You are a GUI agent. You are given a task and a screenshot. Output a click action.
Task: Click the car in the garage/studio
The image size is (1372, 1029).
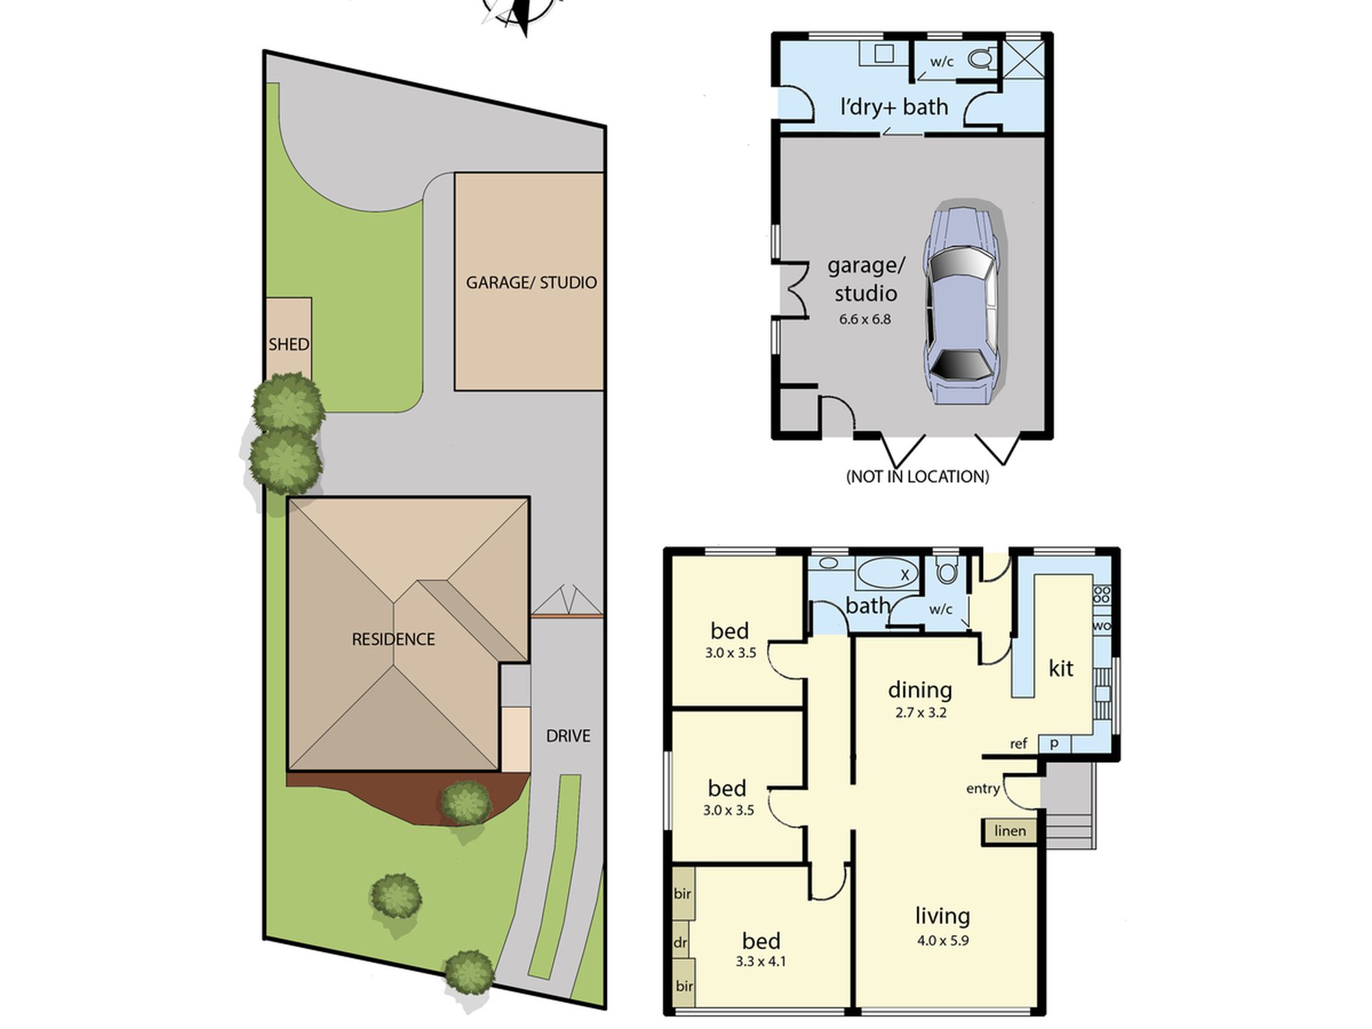tap(960, 305)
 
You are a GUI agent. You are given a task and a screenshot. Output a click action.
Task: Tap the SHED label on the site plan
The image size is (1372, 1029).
tap(289, 344)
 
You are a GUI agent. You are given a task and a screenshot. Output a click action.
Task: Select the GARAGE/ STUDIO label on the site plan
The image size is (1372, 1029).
tap(531, 283)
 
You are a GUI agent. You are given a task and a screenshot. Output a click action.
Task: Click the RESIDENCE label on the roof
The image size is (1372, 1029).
tap(393, 639)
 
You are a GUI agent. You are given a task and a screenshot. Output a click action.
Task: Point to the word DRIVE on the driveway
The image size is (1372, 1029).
tap(568, 736)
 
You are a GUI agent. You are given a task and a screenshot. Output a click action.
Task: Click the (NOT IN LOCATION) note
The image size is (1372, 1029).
tap(918, 477)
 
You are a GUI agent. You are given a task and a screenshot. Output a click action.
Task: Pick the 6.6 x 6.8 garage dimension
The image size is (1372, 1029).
tap(864, 319)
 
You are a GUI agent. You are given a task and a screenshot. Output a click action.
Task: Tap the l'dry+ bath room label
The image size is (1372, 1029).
tap(894, 107)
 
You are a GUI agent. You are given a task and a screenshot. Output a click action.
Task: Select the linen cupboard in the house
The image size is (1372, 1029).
tap(1010, 831)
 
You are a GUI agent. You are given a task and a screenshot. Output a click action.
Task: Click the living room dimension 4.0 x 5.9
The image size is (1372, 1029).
tap(943, 941)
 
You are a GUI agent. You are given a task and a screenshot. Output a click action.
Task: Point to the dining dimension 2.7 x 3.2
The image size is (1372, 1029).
tap(921, 713)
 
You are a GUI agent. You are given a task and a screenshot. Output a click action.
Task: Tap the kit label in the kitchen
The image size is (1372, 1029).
tap(1061, 668)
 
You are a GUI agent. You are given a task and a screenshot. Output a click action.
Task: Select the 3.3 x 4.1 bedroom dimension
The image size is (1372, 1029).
tap(761, 962)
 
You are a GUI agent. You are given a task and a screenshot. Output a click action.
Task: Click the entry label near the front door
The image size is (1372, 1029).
tap(983, 789)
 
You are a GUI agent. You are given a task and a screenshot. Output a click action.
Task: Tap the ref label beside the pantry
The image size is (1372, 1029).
tap(1018, 744)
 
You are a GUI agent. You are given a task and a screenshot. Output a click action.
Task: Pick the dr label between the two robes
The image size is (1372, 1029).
tap(680, 943)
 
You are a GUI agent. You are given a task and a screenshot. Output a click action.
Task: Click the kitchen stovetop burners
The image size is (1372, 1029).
tap(1102, 594)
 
